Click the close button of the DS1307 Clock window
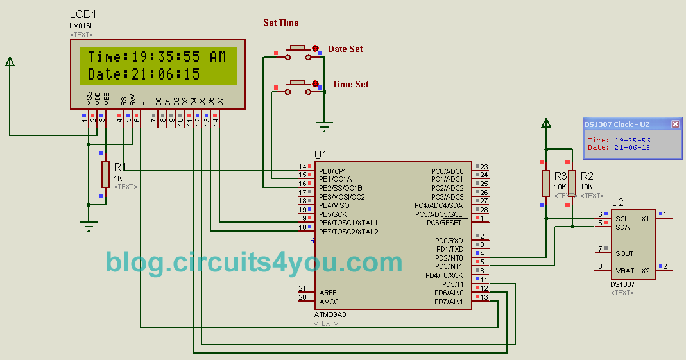click(x=675, y=124)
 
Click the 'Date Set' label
click(x=345, y=49)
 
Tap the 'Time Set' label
click(x=350, y=85)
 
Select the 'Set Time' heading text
click(x=281, y=23)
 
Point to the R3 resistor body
click(x=545, y=184)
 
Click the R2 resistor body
click(x=571, y=184)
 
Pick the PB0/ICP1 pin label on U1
click(x=332, y=171)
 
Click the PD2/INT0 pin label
click(x=449, y=258)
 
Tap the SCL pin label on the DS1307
click(x=622, y=218)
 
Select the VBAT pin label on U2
click(x=625, y=271)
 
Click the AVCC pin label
click(x=329, y=302)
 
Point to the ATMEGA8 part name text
click(x=330, y=314)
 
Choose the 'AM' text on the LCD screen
click(x=218, y=57)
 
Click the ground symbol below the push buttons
click(x=325, y=126)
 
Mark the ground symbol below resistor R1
click(x=89, y=225)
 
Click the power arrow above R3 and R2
click(x=545, y=123)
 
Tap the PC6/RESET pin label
click(x=444, y=223)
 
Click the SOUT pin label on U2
click(x=624, y=253)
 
